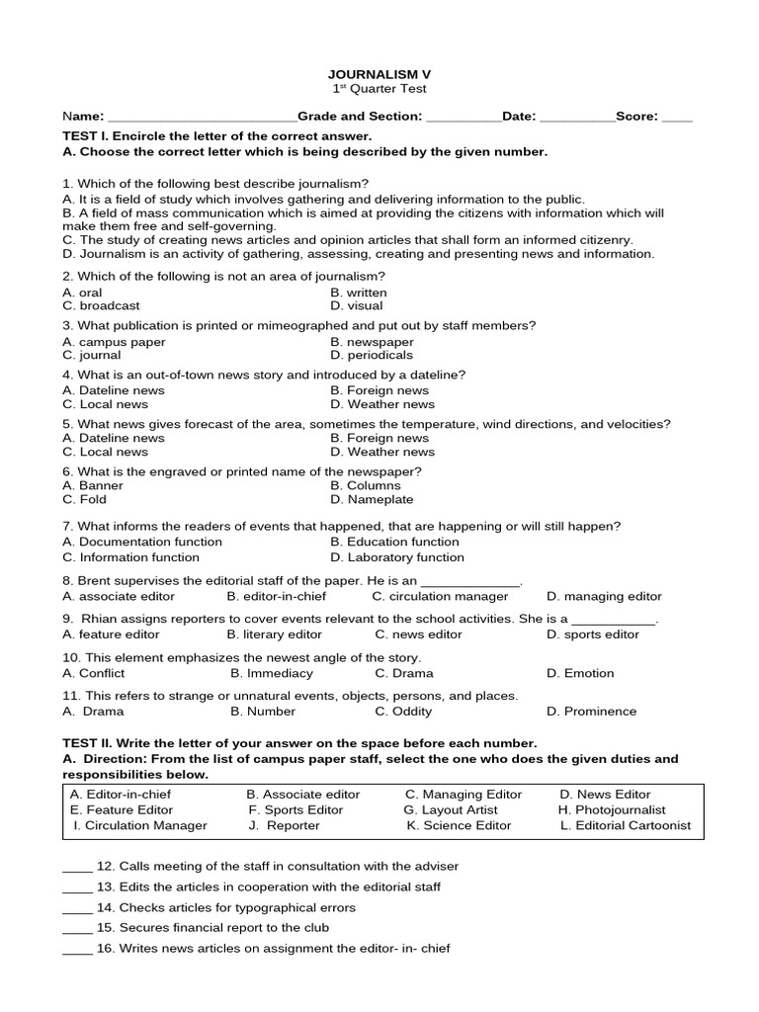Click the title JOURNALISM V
tap(379, 74)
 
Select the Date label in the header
tap(518, 117)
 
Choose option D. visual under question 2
tap(357, 306)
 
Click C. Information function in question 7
tap(130, 557)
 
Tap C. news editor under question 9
tap(418, 634)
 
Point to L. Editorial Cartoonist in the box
tap(626, 826)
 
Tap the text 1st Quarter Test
tap(379, 89)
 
